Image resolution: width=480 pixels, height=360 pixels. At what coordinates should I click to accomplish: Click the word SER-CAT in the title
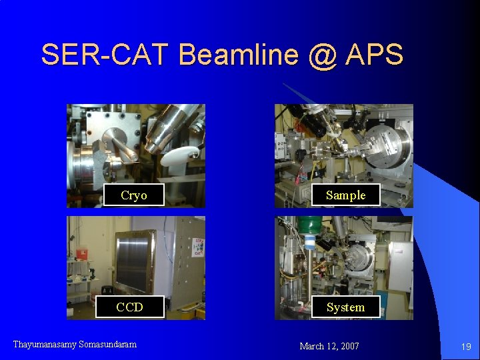(x=107, y=55)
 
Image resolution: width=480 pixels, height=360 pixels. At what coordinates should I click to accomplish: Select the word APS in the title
(x=374, y=55)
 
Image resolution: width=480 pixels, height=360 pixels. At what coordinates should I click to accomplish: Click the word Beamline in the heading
(x=236, y=55)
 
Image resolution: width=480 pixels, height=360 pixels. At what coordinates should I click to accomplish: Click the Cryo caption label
(x=133, y=195)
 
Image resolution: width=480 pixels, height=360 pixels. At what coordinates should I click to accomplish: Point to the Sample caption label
(x=345, y=195)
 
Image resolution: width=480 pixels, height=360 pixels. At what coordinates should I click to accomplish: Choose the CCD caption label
(x=129, y=307)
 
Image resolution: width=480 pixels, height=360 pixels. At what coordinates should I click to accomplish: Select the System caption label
(x=345, y=307)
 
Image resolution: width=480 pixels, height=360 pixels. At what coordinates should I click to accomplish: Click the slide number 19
(x=466, y=346)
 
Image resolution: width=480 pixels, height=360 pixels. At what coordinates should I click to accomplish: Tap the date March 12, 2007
(x=329, y=346)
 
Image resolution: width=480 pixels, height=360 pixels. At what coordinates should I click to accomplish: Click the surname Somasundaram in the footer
(x=107, y=344)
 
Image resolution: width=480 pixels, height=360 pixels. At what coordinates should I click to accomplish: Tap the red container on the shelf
(x=82, y=254)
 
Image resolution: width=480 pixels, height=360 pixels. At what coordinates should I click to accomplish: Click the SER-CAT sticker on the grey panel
(x=198, y=246)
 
